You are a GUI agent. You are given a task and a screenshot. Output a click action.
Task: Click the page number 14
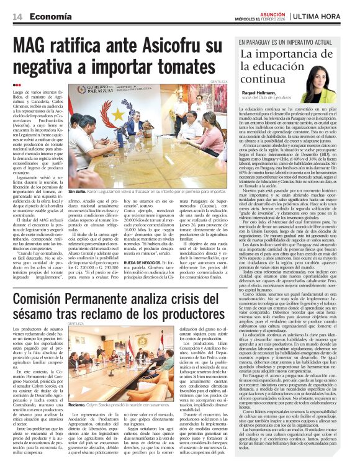click(17, 16)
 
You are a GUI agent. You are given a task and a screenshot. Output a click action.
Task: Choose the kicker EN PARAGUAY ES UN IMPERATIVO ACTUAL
click(292, 42)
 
